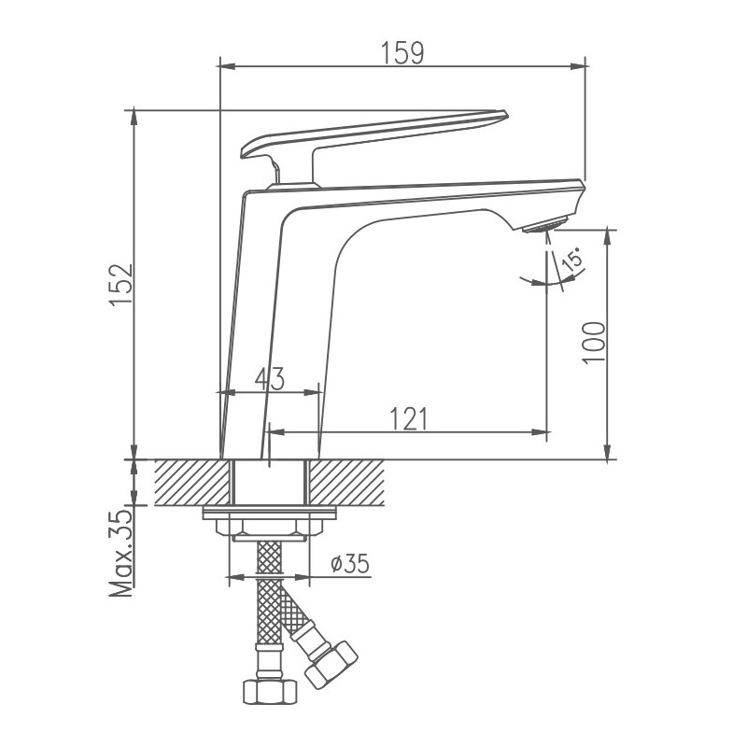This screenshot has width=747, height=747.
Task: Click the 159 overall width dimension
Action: click(x=402, y=52)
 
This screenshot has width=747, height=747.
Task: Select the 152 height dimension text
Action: click(x=122, y=285)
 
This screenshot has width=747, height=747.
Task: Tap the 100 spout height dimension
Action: click(x=594, y=344)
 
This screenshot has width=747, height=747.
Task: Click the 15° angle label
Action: click(x=572, y=261)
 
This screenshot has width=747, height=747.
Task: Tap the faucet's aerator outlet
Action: click(x=543, y=225)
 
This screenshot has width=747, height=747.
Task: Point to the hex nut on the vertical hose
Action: click(x=270, y=691)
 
